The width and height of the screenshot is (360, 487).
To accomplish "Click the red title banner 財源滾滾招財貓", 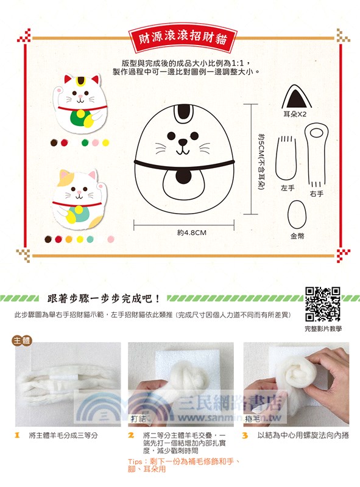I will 180,40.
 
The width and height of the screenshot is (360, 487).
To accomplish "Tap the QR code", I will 322,304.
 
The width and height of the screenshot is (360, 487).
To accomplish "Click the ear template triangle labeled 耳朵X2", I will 298,97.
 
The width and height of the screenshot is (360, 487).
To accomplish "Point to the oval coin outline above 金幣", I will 297,214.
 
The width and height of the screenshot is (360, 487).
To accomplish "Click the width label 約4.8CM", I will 192,233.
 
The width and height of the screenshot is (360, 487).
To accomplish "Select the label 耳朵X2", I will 298,114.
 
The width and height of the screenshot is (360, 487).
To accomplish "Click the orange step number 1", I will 18,436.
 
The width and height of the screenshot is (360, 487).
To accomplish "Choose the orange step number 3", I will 244,436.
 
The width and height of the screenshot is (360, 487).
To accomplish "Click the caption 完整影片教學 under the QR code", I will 323,329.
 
